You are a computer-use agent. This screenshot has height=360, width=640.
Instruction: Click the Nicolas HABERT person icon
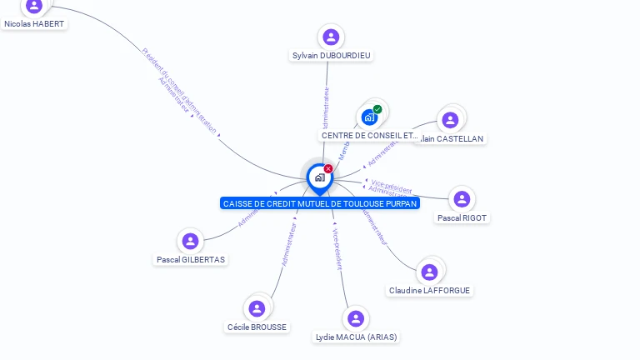coord(34,6)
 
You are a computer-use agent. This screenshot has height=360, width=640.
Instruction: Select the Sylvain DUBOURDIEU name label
coord(332,56)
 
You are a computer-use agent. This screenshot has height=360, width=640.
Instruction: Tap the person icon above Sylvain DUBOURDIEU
coord(331,37)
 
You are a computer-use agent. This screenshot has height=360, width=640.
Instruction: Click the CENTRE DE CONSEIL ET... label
coord(370,135)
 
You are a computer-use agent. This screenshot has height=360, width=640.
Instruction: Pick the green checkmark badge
coord(377,109)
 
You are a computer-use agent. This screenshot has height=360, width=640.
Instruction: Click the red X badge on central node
coord(328,168)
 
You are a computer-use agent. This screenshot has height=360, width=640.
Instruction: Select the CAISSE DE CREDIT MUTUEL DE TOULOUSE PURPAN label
coord(320,203)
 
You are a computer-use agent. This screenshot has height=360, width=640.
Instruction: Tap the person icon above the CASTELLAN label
coord(450,119)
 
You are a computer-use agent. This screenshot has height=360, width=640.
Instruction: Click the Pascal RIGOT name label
coord(462,218)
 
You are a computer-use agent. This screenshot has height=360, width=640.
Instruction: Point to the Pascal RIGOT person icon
coord(462,199)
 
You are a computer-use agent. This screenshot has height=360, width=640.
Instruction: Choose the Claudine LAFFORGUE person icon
coord(429,272)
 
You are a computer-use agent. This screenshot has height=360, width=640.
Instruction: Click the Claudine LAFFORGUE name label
coord(429,291)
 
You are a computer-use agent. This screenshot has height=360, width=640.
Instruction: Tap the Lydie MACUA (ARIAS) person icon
coord(356,318)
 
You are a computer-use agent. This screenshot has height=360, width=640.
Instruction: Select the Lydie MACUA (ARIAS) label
coord(356,337)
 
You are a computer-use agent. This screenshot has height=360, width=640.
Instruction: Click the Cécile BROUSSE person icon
coord(257,308)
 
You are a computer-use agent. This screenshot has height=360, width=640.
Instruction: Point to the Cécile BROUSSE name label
coord(257,327)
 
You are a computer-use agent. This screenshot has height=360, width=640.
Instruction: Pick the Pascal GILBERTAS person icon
coord(190,241)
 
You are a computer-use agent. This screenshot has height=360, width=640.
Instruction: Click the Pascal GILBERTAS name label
coord(191,260)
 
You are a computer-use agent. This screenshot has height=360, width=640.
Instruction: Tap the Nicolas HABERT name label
coord(34,24)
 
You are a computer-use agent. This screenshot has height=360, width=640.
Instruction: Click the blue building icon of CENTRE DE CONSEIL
coord(368,117)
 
